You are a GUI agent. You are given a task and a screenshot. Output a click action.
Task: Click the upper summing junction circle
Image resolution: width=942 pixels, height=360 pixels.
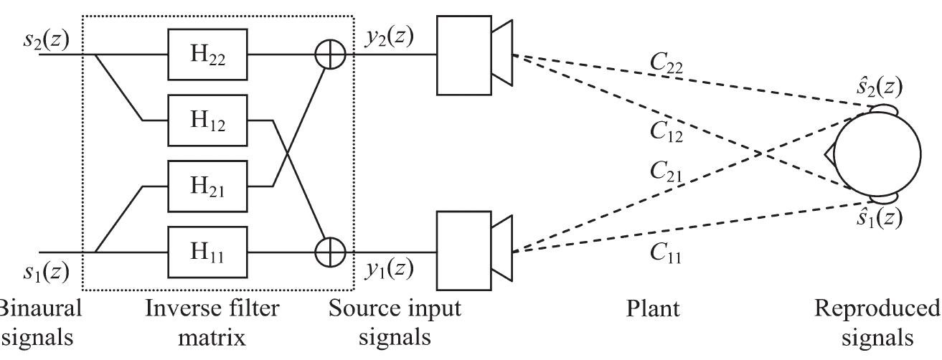click(330, 55)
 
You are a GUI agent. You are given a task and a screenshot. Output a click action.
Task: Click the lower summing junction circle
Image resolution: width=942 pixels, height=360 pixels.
click(330, 252)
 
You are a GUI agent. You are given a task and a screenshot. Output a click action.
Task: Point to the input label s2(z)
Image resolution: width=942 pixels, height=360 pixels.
click(45, 37)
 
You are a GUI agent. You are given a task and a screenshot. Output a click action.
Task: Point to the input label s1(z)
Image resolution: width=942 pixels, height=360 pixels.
click(45, 270)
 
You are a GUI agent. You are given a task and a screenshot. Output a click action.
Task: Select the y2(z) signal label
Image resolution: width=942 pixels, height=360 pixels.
click(388, 36)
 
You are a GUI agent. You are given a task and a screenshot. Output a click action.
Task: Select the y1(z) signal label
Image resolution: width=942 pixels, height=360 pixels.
click(388, 269)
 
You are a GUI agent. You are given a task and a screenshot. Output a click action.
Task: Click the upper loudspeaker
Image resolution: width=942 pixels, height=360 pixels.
click(474, 55)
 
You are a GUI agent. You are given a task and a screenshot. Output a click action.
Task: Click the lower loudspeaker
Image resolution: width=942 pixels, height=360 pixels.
click(474, 251)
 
